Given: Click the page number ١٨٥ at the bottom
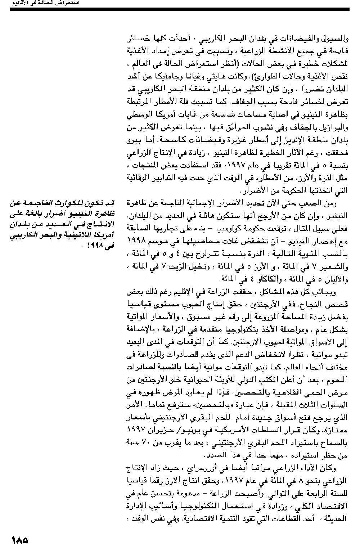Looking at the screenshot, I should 20,540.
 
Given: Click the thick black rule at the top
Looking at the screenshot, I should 180,9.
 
